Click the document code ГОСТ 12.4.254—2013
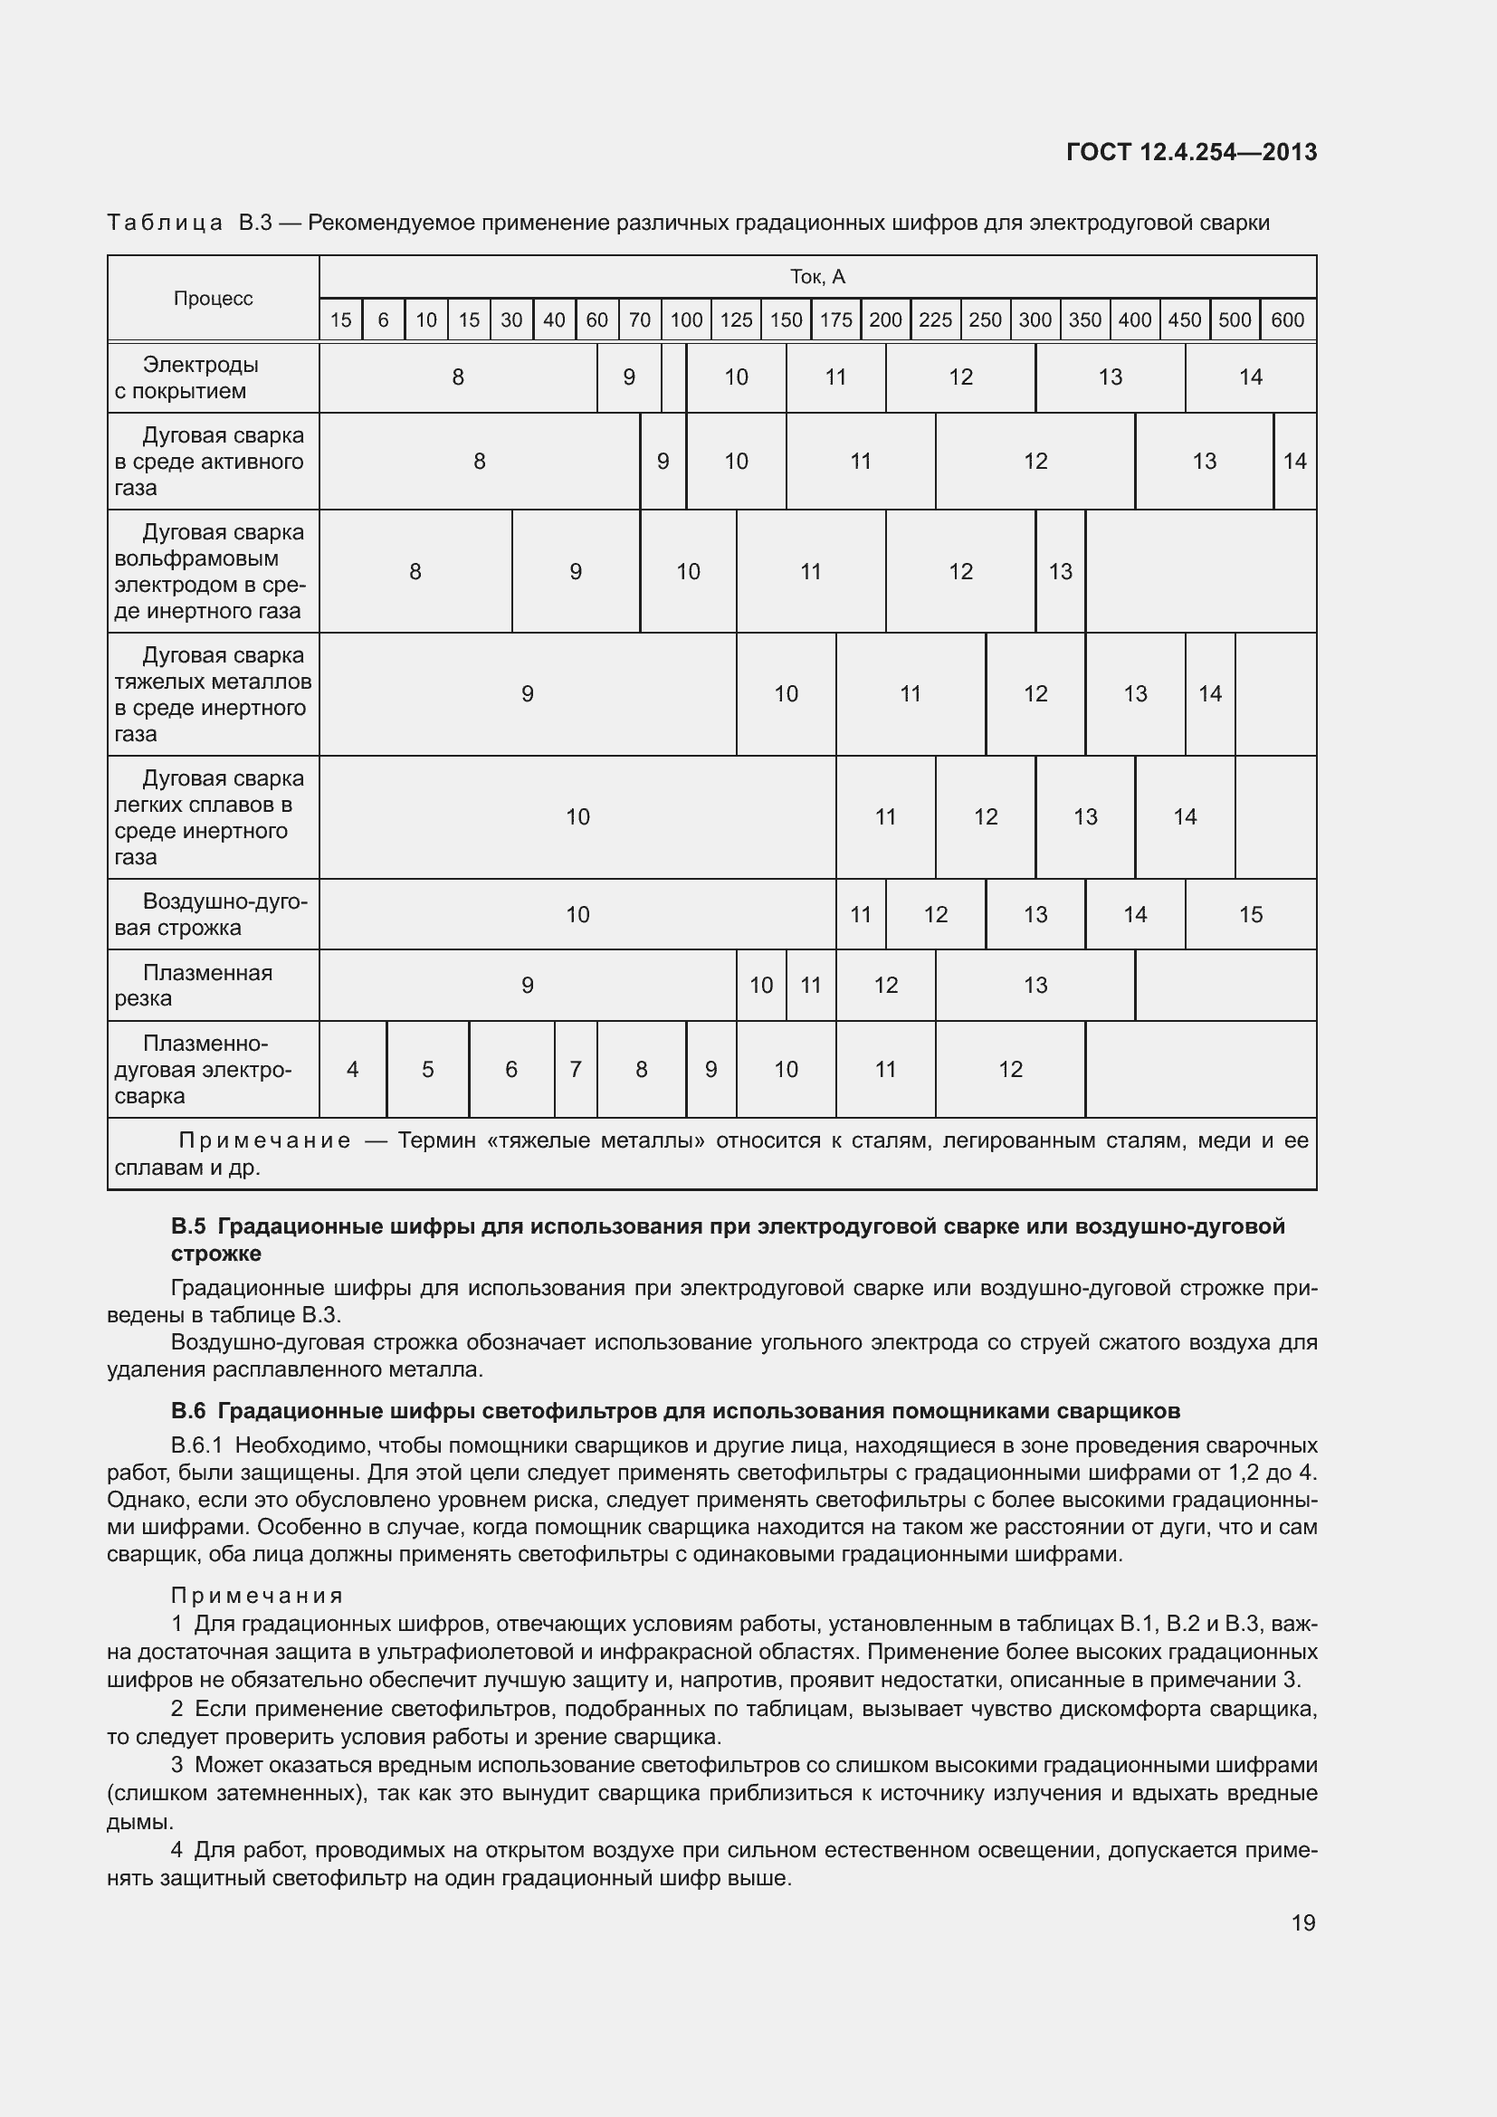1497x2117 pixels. [1191, 152]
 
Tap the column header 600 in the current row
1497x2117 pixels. [1287, 319]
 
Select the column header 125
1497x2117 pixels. [736, 319]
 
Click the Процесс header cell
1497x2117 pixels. [213, 298]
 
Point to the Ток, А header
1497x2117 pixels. [816, 277]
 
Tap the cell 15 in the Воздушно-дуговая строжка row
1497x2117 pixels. [1250, 914]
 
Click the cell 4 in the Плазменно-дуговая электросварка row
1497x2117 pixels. [352, 1069]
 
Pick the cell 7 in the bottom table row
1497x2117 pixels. [576, 1069]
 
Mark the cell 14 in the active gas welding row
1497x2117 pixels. [1294, 461]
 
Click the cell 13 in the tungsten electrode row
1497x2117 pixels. [1060, 572]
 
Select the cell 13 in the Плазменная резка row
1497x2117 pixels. [1035, 985]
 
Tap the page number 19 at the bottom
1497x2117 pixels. [1302, 1922]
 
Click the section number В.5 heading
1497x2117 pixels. [188, 1226]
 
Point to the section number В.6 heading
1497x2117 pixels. [188, 1411]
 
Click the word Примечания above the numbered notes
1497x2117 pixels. [257, 1595]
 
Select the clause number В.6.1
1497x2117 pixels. [195, 1445]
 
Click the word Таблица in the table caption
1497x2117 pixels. [164, 224]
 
